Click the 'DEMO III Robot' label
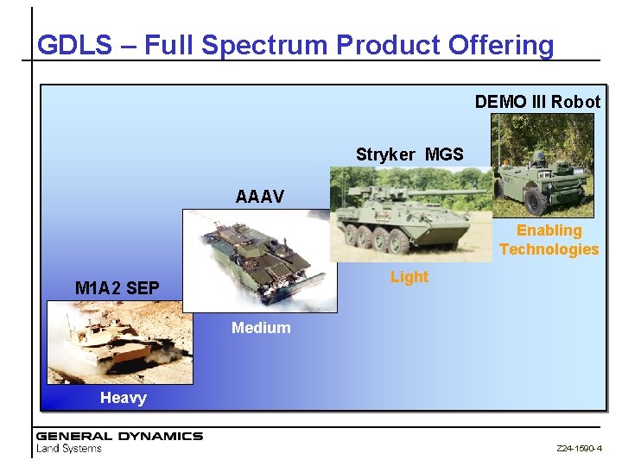coord(536,102)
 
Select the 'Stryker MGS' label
coord(409,154)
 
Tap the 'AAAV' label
coord(259,197)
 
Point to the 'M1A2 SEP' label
coord(117,288)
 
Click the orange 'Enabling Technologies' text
coord(549,240)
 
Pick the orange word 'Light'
coord(409,277)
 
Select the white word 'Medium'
coord(261,328)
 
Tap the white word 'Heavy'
coord(123,398)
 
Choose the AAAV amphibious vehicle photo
coord(259,259)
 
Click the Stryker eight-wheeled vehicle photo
coord(410,214)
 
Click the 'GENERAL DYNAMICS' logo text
coord(119,436)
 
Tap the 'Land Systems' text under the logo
coord(69,449)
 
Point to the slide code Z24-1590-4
coord(579,450)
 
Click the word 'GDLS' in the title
coord(73,45)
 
